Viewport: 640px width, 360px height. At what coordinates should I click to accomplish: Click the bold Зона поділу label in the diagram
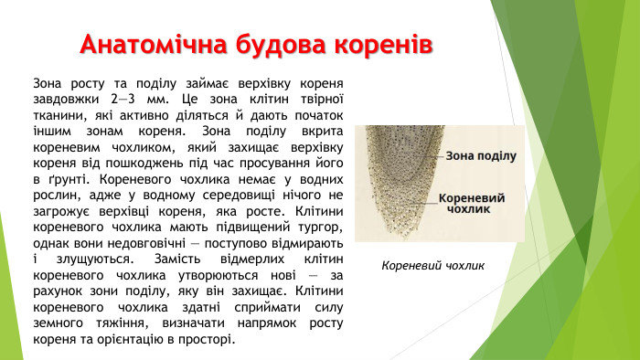[481, 156]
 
